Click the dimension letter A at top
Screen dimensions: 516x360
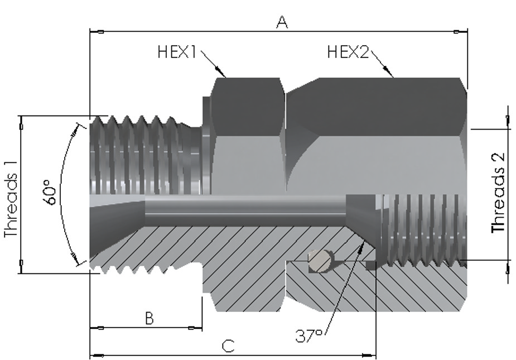point(282,22)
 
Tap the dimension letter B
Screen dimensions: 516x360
point(149,319)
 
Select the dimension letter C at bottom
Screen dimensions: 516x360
point(228,346)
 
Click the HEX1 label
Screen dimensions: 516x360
point(177,52)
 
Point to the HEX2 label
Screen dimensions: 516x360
point(348,52)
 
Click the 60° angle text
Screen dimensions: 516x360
point(50,193)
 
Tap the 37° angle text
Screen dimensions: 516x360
point(308,336)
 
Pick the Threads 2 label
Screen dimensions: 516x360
point(498,193)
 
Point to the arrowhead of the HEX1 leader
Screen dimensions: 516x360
point(220,71)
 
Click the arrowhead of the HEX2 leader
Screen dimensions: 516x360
point(388,71)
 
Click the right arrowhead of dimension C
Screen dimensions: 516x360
point(369,356)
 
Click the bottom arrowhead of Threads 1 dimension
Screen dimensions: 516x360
point(21,266)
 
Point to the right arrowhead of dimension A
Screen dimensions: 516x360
point(460,32)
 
